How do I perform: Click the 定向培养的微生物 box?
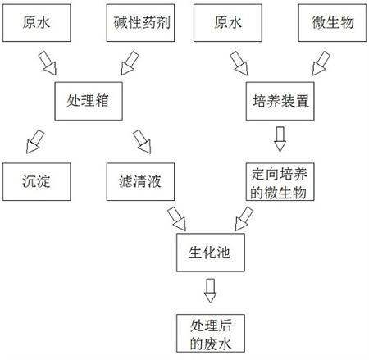pos(279,181)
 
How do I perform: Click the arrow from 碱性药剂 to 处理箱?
pos(129,62)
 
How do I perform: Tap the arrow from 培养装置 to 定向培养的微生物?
pos(280,140)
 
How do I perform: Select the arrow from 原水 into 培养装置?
pos(239,62)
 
